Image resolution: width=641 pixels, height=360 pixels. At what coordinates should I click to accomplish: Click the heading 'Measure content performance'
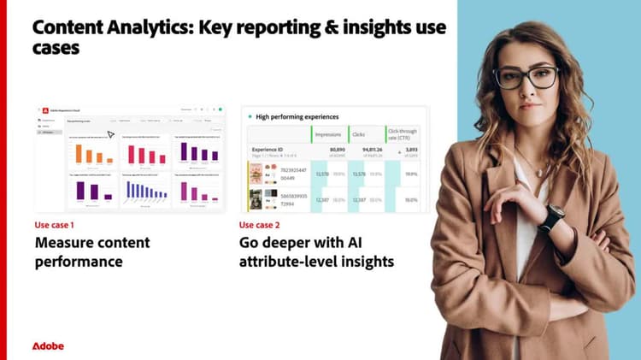91,251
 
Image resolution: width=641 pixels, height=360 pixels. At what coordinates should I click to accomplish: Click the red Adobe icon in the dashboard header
40,109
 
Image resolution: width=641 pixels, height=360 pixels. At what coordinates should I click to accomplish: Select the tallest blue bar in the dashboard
130,187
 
